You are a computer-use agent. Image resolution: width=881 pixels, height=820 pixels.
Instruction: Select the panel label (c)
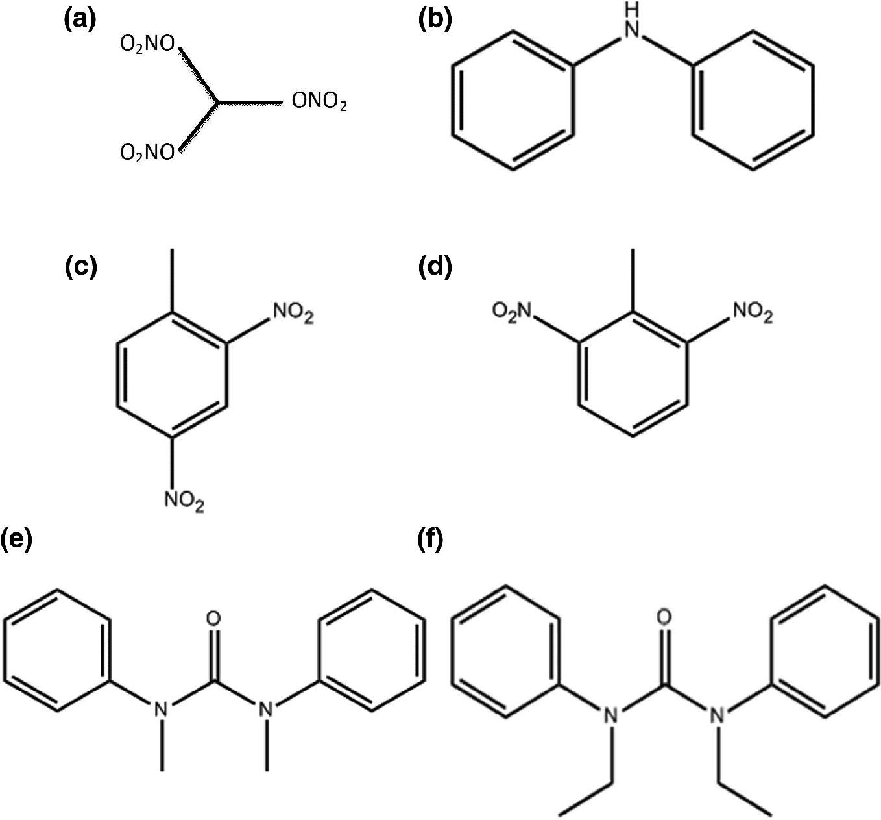[x=81, y=267]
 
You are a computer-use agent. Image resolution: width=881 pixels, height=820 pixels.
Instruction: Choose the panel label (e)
[x=17, y=540]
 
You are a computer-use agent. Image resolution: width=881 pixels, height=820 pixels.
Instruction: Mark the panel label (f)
[x=428, y=540]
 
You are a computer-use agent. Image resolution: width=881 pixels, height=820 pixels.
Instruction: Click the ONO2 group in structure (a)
[x=319, y=103]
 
